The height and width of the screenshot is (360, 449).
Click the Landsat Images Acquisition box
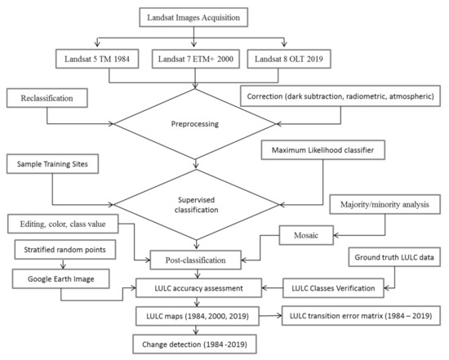coord(193,17)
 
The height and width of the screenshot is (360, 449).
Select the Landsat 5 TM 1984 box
coord(97,59)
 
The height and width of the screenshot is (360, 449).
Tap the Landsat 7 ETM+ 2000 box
coord(196,59)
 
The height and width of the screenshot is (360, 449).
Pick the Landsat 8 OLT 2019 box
coord(289,59)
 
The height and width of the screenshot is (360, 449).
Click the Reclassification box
coord(47,98)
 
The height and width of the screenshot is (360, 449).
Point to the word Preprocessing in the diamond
coord(195,124)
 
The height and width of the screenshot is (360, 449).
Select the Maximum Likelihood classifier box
coord(322,149)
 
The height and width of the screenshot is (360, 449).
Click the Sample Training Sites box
coord(52,164)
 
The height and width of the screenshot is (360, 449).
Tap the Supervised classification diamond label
coord(196,205)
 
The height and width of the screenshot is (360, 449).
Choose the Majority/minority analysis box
coord(385,204)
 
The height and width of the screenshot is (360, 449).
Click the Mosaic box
coord(306,235)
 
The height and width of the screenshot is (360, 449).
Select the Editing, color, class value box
coord(63,224)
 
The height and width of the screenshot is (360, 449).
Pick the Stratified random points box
coord(65,250)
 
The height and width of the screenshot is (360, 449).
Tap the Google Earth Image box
coord(60,278)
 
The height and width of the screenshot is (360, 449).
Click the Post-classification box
coord(196,260)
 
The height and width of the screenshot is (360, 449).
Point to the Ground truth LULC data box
coord(394,257)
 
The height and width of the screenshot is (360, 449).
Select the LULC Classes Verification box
coord(333,288)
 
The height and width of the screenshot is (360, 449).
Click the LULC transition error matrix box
coord(361,316)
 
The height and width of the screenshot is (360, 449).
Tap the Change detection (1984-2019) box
coord(194,344)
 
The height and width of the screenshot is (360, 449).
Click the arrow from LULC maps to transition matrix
coord(270,316)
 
